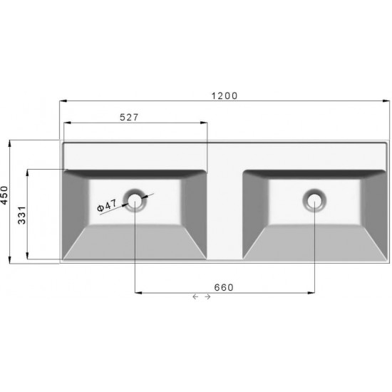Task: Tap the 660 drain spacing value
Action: pos(225,287)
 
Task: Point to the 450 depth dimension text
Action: pos(4,196)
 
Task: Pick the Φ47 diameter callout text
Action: pos(106,206)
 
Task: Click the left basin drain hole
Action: pos(135,200)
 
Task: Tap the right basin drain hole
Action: pos(314,200)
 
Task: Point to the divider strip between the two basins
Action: pos(225,214)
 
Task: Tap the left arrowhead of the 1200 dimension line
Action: pos(62,101)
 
